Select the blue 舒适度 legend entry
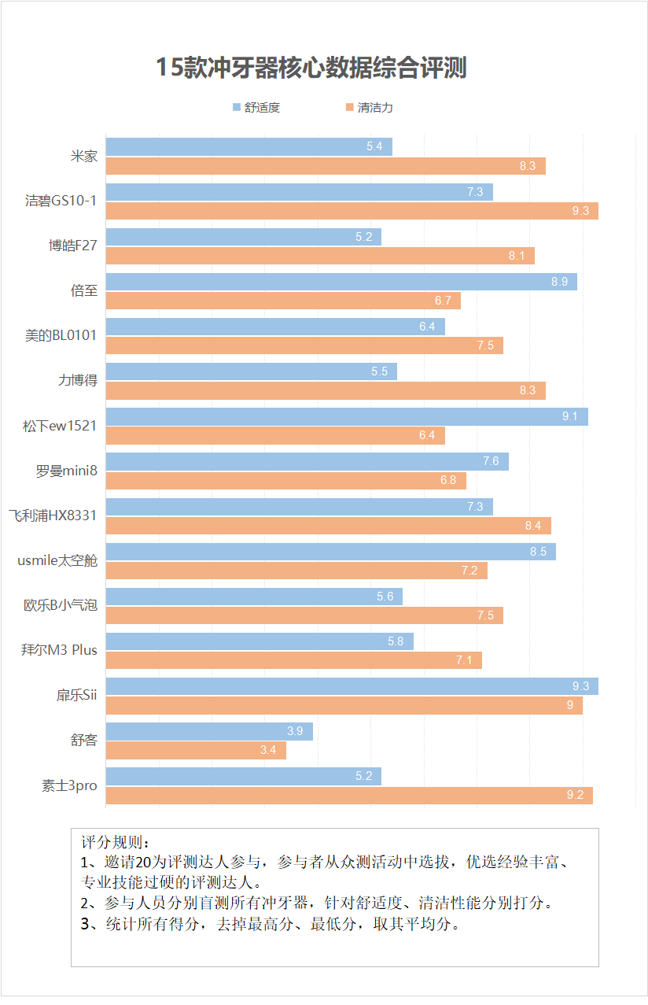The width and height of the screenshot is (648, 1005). click(x=256, y=108)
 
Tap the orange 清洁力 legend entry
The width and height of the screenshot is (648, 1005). click(x=369, y=108)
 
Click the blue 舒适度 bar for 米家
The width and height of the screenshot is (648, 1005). click(x=249, y=147)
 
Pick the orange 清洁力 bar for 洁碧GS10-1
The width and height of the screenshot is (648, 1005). click(x=352, y=211)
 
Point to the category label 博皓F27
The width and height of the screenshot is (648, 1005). click(x=72, y=246)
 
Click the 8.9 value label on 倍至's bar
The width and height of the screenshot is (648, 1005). click(x=560, y=282)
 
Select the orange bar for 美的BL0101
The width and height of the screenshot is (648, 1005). click(x=304, y=345)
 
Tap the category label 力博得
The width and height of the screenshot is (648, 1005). click(x=78, y=380)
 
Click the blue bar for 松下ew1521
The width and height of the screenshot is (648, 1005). click(x=347, y=417)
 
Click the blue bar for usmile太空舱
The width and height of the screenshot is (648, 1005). click(x=330, y=552)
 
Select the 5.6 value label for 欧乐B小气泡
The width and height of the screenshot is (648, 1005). click(x=385, y=597)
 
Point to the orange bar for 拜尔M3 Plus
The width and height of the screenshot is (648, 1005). click(x=293, y=660)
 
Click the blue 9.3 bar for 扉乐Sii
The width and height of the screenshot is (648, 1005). click(x=352, y=686)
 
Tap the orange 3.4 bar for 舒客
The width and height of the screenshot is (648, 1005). click(x=196, y=750)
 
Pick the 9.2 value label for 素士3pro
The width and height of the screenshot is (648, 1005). click(x=575, y=795)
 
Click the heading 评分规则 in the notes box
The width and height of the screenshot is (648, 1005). click(x=114, y=841)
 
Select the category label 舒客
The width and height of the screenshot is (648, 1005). click(x=83, y=740)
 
